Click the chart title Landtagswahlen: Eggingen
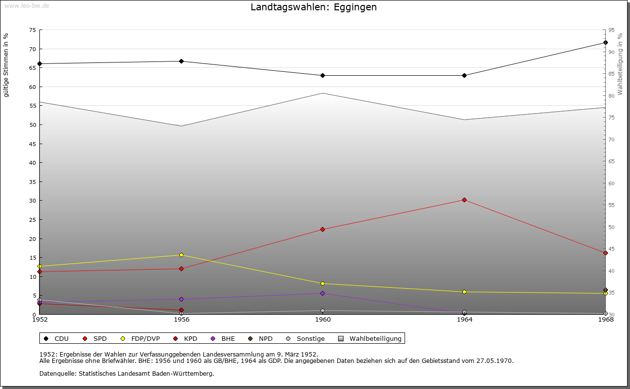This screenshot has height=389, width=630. coord(314,7)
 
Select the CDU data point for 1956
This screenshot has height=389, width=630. coord(181,61)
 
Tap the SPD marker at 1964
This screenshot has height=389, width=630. coord(464,200)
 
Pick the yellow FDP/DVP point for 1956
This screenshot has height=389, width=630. coord(181,255)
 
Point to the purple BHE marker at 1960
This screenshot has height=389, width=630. coord(323,294)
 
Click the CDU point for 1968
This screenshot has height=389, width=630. coord(605,43)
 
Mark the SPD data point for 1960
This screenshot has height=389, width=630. coord(323,230)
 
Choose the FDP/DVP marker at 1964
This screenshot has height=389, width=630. coord(464,292)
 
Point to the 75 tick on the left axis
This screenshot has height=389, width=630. coord(32,30)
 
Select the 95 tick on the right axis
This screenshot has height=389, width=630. coord(611,30)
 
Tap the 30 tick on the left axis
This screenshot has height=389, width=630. coord(32,201)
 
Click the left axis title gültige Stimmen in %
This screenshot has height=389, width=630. coord(6,65)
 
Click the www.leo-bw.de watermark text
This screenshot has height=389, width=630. coord(26,4)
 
